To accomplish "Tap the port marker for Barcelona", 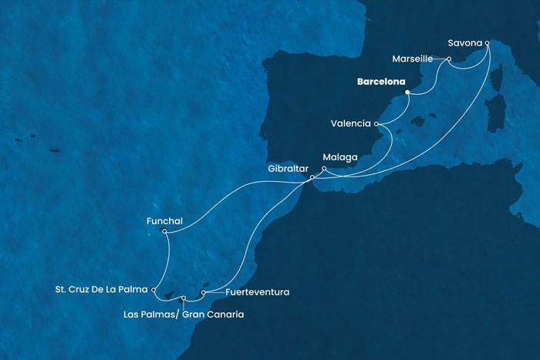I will pyautogui.click(x=407, y=93).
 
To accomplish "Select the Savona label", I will pyautogui.click(x=465, y=42).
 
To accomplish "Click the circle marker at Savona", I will pyautogui.click(x=488, y=43).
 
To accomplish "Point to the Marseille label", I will pyautogui.click(x=417, y=58).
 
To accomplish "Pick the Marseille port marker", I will pyautogui.click(x=449, y=59).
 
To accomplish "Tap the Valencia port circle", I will pyautogui.click(x=376, y=123).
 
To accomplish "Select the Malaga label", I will pyautogui.click(x=341, y=157).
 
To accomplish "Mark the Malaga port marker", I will pyautogui.click(x=324, y=168).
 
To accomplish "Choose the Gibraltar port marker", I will pyautogui.click(x=312, y=178).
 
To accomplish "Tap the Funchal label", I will pyautogui.click(x=164, y=220).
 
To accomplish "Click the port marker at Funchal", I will pyautogui.click(x=165, y=230).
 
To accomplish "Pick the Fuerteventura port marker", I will pyautogui.click(x=203, y=292).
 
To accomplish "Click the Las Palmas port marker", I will pyautogui.click(x=184, y=298).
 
